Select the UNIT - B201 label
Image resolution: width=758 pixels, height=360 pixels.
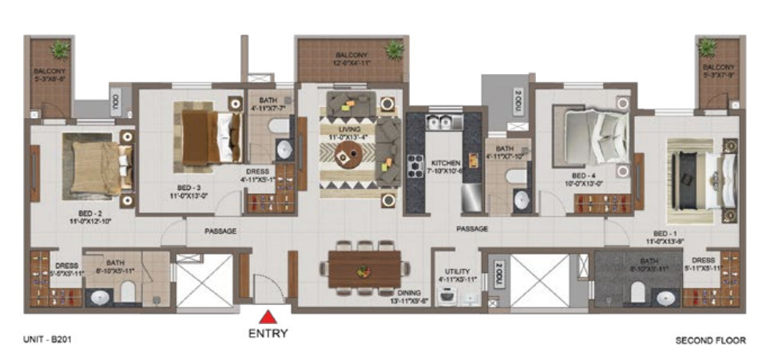[x=45, y=340]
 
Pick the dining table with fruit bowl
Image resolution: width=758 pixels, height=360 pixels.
[x=365, y=269]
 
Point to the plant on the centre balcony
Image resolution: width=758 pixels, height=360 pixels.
[x=393, y=51]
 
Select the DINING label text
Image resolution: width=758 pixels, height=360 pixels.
[x=408, y=293]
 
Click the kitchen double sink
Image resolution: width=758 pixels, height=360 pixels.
[x=439, y=123]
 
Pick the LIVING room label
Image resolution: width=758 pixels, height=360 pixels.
[x=349, y=129]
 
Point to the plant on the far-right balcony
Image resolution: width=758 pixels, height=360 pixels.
[x=708, y=48]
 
